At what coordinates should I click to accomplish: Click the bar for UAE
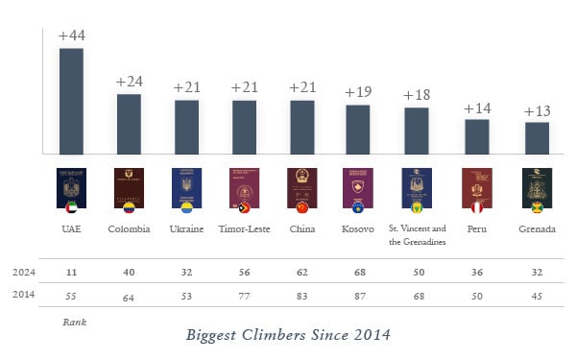[x=71, y=101]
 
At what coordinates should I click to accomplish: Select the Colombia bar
[x=129, y=124]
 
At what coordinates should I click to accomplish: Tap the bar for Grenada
[x=537, y=137]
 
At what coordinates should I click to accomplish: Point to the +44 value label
[x=71, y=36]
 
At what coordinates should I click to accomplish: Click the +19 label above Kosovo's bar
[x=358, y=92]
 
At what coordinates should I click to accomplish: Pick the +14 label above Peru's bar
[x=477, y=108]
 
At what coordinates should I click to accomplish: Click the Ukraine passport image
[x=186, y=186]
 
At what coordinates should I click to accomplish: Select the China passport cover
[x=302, y=186]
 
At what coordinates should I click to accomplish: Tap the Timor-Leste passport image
[x=244, y=186]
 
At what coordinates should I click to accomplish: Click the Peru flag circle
[x=477, y=207]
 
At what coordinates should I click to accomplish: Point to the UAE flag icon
[x=71, y=207]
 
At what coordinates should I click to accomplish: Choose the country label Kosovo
[x=358, y=228]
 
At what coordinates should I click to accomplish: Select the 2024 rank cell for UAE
[x=71, y=272]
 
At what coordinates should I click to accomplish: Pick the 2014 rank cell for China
[x=302, y=297]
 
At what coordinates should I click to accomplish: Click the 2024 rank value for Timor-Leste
[x=244, y=272]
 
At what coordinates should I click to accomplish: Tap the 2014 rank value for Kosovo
[x=358, y=297]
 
